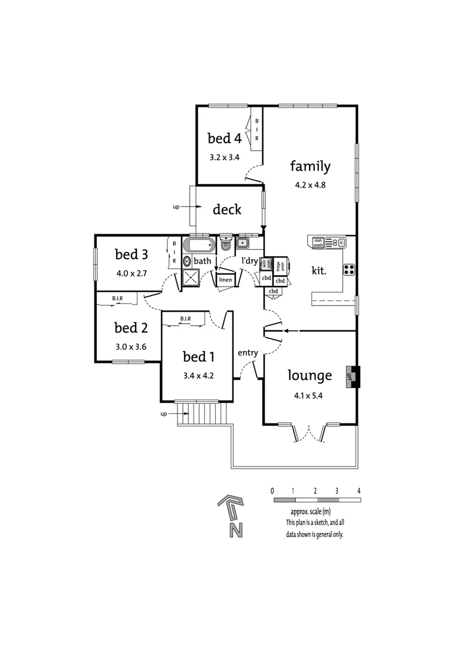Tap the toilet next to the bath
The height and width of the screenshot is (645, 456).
[x=225, y=244]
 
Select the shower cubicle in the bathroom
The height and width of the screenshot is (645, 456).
[x=191, y=277]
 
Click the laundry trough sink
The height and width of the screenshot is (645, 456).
[x=243, y=242]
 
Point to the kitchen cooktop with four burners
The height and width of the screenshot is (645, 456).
[x=350, y=269]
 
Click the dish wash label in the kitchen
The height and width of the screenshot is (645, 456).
[x=318, y=242]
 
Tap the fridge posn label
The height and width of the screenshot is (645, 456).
[x=279, y=265]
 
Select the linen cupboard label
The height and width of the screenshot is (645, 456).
[x=225, y=279]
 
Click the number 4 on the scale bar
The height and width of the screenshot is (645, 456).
[x=359, y=490]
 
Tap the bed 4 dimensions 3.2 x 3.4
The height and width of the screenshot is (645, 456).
[x=224, y=158]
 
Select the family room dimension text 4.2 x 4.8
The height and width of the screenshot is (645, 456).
[x=310, y=185]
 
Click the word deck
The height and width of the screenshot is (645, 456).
[x=227, y=210]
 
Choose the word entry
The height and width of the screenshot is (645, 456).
[x=247, y=352]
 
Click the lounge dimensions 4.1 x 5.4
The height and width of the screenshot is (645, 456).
[x=309, y=395]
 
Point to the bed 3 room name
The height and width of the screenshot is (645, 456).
[x=131, y=254]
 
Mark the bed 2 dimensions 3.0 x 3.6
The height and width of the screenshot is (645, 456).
[x=131, y=346]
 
